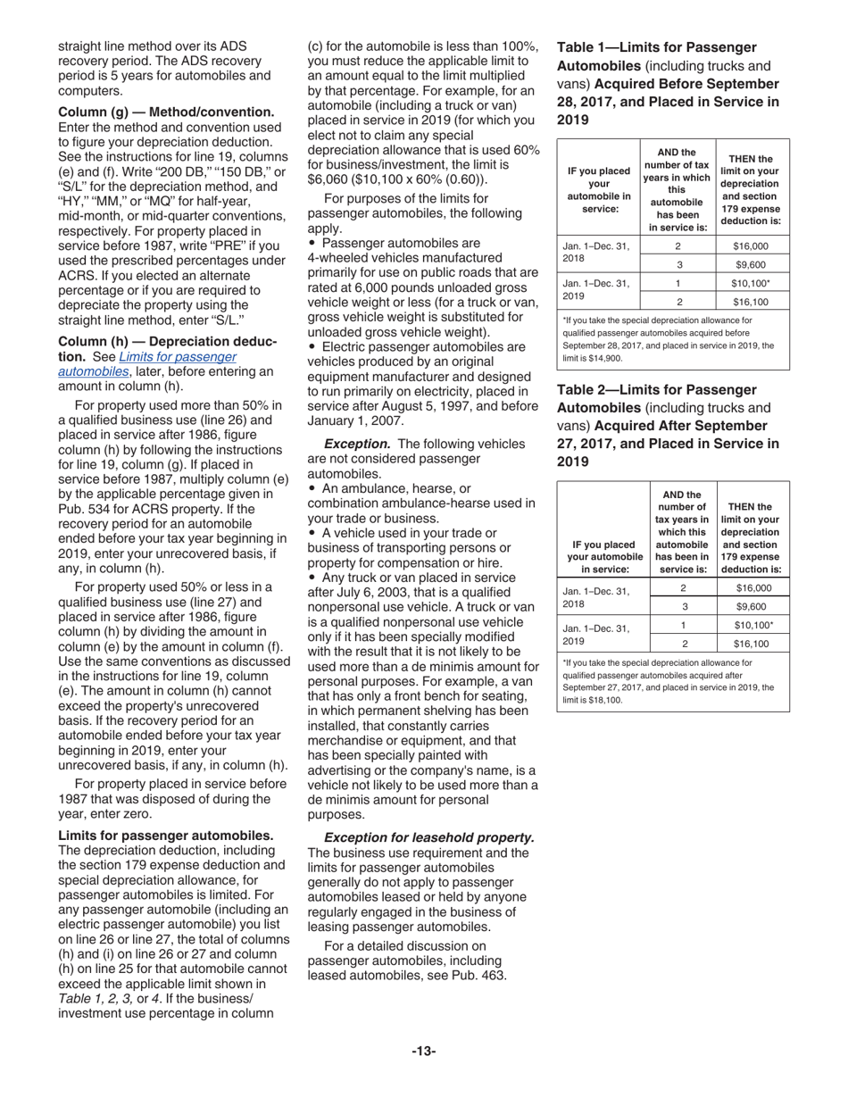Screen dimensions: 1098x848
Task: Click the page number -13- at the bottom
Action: coord(423,1051)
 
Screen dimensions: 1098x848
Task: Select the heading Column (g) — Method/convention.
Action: coord(166,112)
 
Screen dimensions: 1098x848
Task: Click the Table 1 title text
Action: coord(668,83)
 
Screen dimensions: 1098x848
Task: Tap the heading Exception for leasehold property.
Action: coord(429,837)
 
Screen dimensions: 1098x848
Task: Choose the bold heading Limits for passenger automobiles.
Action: coord(166,836)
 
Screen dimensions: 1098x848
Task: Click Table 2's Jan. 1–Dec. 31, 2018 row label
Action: coord(596,597)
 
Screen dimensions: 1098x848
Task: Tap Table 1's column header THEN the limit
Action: coord(751,188)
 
